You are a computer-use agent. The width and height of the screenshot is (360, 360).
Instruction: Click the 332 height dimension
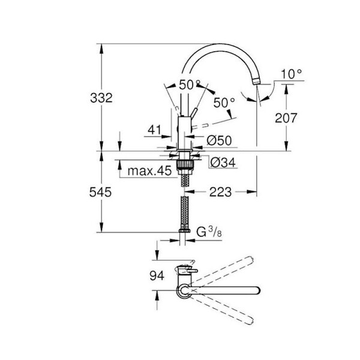coord(101,98)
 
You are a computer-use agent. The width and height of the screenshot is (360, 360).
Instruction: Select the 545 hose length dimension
coord(100,192)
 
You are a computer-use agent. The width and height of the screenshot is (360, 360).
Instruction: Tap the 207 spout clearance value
coord(286,118)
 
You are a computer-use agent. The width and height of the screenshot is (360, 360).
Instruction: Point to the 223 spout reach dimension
coord(220,192)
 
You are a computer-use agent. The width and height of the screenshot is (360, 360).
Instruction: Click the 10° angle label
coord(291,74)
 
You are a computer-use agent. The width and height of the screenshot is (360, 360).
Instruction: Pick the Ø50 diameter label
coord(219,140)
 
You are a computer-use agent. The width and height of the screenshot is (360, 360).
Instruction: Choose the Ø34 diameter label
coord(223,163)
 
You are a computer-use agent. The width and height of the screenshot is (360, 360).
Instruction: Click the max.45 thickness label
coord(149,171)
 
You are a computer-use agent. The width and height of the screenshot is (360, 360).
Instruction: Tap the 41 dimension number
coord(155,130)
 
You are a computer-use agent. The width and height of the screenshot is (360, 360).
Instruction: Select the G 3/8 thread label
coord(209,232)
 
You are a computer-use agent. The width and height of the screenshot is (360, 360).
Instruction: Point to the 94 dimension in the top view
coord(157,275)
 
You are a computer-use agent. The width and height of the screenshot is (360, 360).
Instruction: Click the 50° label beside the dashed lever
coord(224,103)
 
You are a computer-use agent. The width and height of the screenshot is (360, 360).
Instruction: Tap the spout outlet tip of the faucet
coord(256,82)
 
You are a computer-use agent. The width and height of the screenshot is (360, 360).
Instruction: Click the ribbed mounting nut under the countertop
coord(184,165)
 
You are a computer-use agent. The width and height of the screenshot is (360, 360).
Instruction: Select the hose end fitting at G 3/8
coord(184,230)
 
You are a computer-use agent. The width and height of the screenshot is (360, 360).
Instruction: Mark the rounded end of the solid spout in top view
coord(257,290)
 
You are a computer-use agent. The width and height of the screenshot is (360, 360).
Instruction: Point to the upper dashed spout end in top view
coord(250,260)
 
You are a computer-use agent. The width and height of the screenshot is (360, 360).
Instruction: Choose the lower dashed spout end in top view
coord(249,320)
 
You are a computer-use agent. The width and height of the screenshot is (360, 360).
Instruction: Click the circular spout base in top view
coord(184,290)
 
